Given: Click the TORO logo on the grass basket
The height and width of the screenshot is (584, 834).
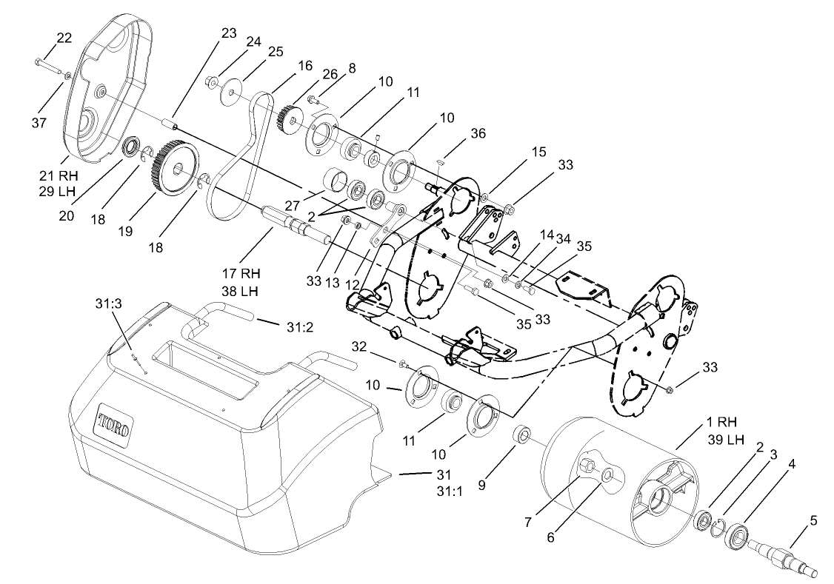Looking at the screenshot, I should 115,427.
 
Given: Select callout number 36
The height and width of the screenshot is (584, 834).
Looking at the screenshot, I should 478,133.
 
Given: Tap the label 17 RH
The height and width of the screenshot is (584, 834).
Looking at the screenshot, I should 241,273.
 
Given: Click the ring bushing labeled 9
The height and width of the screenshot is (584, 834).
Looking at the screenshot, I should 523,434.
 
